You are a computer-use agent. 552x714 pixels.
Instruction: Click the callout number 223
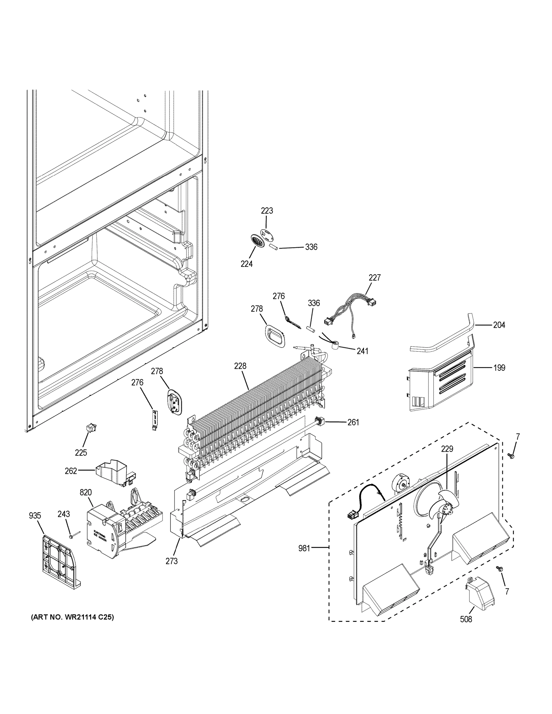(267, 211)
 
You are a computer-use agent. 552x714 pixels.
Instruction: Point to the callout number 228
(240, 366)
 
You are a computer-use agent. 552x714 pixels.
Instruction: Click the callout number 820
(85, 492)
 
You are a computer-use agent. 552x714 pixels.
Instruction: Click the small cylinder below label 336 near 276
(311, 329)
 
